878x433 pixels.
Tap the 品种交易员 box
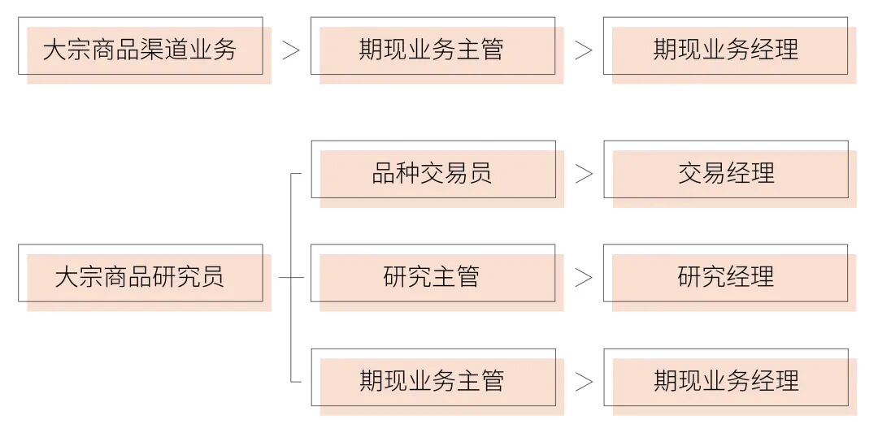432,173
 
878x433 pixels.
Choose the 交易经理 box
725,173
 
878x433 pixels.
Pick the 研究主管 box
432,277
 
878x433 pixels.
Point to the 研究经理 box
725,277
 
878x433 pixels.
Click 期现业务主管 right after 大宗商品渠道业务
432,49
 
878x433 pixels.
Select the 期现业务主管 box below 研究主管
432,380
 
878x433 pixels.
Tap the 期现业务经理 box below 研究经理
725,380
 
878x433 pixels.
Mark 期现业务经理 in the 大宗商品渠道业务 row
725,49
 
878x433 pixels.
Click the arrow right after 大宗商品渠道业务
290,50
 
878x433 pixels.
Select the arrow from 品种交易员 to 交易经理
583,173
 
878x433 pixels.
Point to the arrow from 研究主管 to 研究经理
583,277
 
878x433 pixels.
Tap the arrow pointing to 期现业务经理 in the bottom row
583,380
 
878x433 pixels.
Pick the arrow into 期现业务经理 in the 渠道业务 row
583,50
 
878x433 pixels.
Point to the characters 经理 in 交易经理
750,173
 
